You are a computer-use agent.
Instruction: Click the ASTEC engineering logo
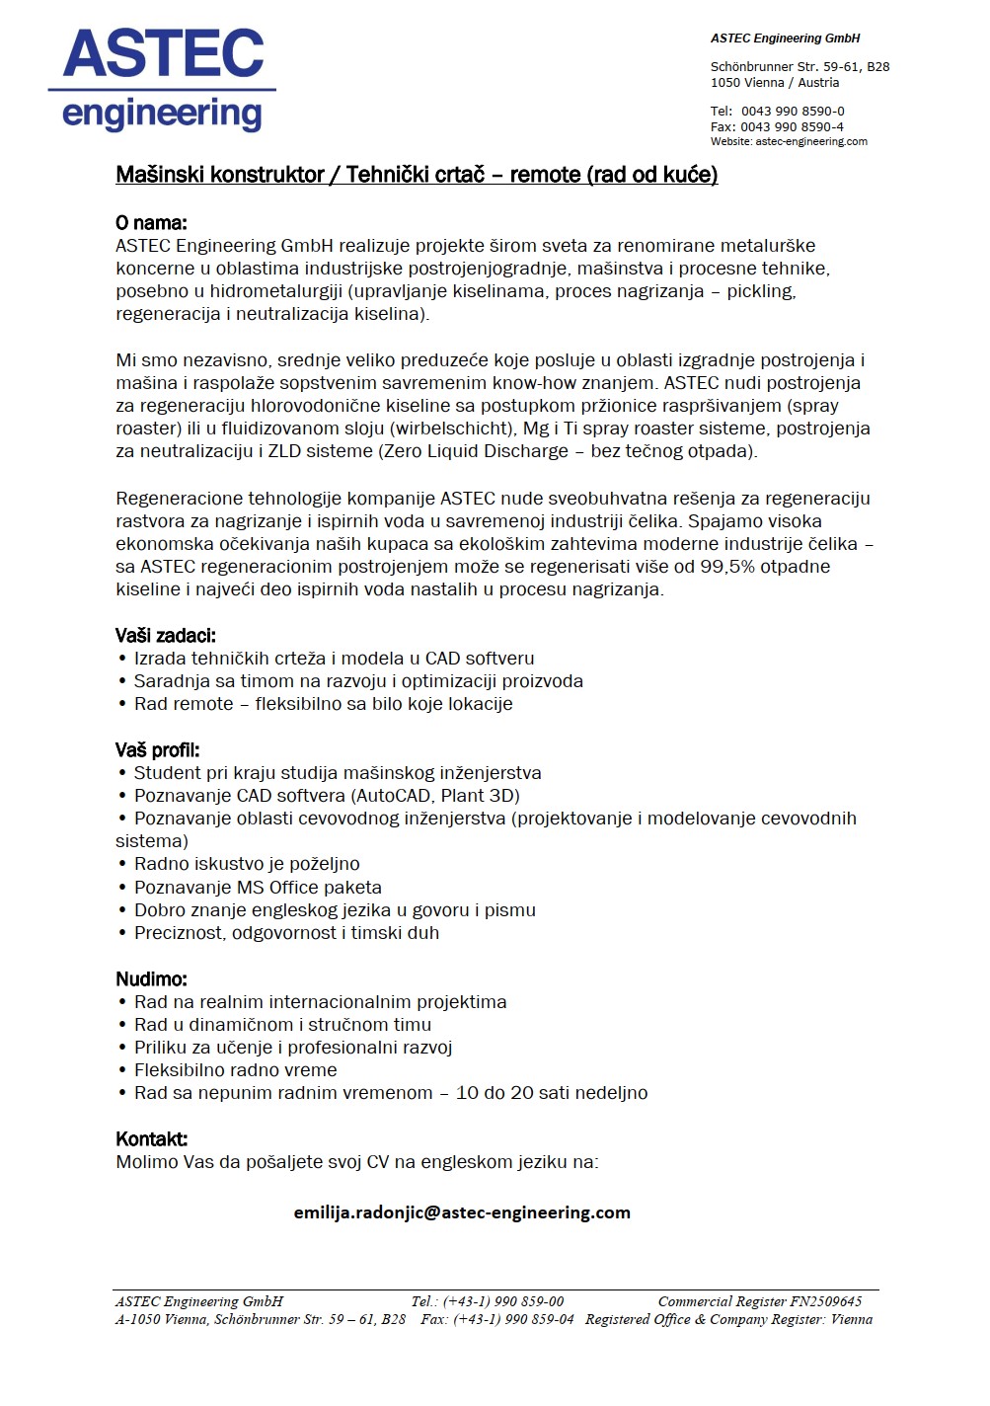click(163, 79)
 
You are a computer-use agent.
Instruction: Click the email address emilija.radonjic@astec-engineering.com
click(462, 1212)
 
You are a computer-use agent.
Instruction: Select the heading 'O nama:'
click(151, 222)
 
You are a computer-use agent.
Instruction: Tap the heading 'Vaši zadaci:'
click(165, 636)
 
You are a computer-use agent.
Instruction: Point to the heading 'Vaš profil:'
click(157, 750)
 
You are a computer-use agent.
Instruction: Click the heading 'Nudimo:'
click(151, 979)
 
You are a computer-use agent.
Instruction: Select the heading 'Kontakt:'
click(151, 1139)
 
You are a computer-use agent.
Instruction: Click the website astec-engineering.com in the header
click(811, 142)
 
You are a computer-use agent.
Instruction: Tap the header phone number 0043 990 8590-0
click(793, 112)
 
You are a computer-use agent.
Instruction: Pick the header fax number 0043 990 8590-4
click(792, 127)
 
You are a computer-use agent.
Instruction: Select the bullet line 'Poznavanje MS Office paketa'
click(258, 888)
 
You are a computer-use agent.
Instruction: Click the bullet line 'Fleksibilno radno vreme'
click(235, 1070)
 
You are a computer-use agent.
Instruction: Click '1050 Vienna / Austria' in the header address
click(775, 83)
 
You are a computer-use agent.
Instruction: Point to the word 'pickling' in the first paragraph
click(760, 291)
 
